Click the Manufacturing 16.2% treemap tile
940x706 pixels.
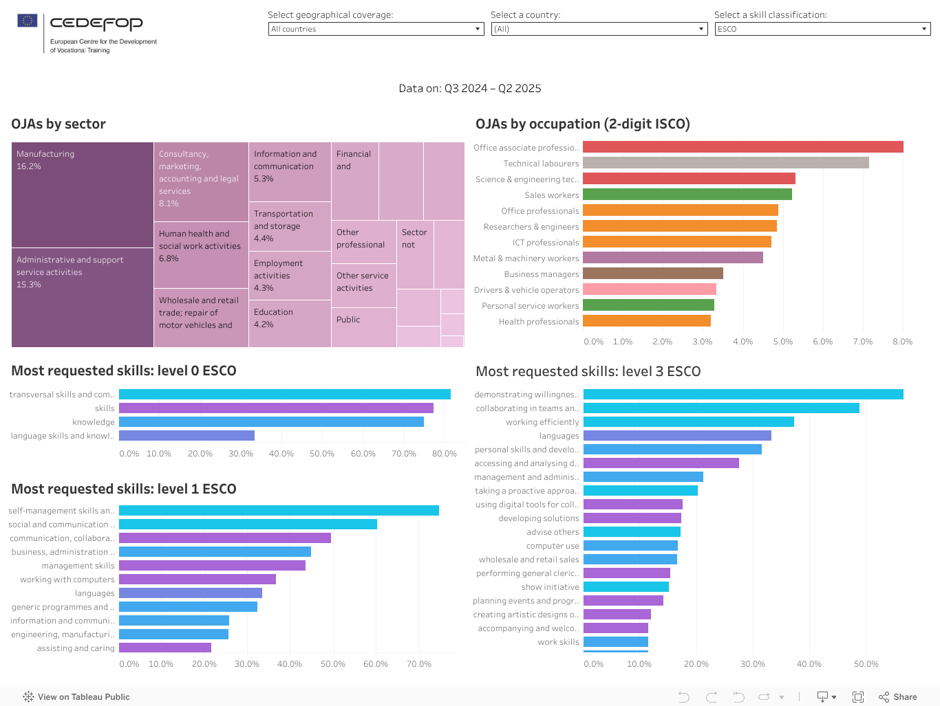(x=82, y=195)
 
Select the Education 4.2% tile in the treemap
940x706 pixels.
(x=289, y=323)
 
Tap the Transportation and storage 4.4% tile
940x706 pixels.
(x=289, y=226)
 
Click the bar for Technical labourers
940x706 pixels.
(x=725, y=163)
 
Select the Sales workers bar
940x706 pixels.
(x=687, y=195)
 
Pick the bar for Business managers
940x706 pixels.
(x=652, y=274)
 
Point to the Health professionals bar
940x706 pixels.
(x=646, y=321)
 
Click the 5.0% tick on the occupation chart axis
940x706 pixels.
(x=782, y=342)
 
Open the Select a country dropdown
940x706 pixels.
(x=599, y=29)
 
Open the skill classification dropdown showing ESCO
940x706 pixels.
(x=822, y=29)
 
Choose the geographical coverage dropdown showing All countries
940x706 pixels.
(x=376, y=29)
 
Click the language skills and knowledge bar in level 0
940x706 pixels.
(x=186, y=435)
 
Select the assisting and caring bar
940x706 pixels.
(x=165, y=648)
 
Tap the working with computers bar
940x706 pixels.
(x=197, y=580)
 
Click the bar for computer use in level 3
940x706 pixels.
(x=630, y=546)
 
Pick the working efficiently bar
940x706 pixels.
(x=688, y=422)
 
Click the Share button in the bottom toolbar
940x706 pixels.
(x=898, y=697)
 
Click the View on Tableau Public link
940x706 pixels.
(x=76, y=697)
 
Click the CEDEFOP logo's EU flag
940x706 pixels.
(x=28, y=21)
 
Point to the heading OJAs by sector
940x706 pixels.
(x=58, y=124)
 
